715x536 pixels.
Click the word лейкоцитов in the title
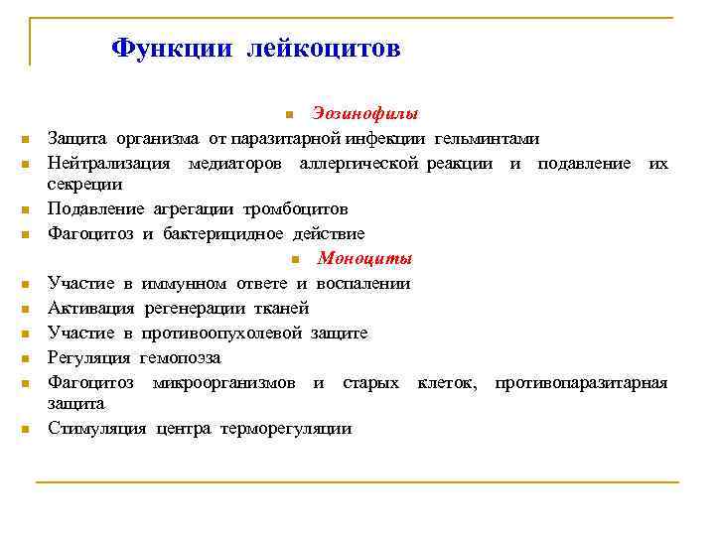point(325,48)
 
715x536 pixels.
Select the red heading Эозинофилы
point(364,112)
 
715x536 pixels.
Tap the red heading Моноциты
point(364,259)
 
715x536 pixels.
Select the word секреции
point(85,184)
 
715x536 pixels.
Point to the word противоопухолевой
point(223,333)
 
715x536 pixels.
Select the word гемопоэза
point(180,357)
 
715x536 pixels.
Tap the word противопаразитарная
point(581,382)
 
